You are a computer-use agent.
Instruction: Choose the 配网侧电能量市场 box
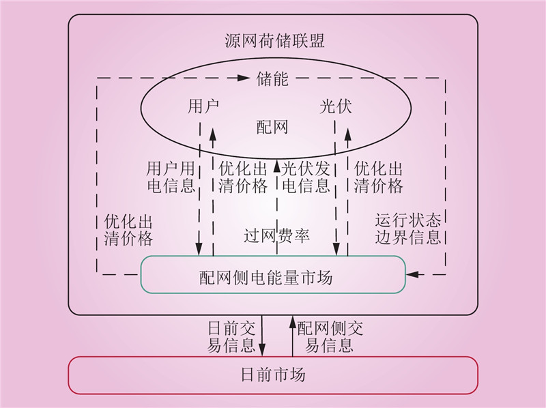pyautogui.click(x=273, y=275)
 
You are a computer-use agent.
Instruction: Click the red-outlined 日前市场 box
pyautogui.click(x=273, y=375)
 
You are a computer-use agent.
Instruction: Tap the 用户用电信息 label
pyautogui.click(x=171, y=177)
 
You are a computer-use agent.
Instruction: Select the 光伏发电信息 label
pyautogui.click(x=306, y=177)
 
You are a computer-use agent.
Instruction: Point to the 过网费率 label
pyautogui.click(x=277, y=236)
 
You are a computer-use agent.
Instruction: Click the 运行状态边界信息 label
pyautogui.click(x=408, y=229)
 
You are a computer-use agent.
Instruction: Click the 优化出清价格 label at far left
pyautogui.click(x=128, y=229)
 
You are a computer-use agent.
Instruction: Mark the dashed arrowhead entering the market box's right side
pyautogui.click(x=413, y=275)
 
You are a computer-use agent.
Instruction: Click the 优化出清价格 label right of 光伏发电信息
pyautogui.click(x=378, y=177)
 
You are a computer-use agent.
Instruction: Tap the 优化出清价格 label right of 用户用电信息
pyautogui.click(x=242, y=177)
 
